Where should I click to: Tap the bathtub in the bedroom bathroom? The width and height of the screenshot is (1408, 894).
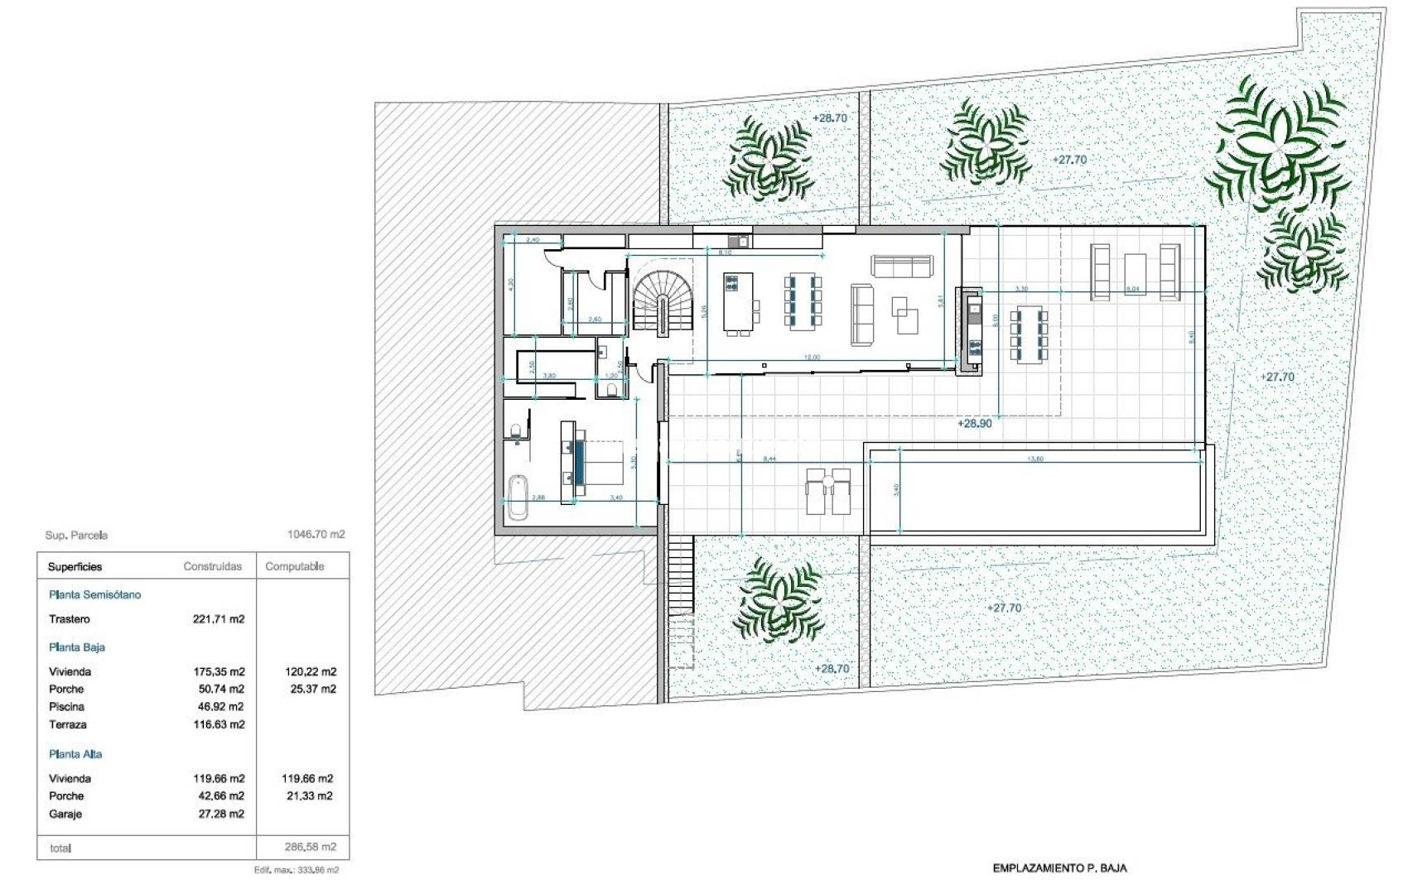[518, 497]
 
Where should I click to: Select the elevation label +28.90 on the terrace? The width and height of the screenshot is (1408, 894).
[974, 423]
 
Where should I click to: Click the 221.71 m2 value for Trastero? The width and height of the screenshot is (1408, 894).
[219, 619]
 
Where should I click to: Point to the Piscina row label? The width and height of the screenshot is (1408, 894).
[66, 707]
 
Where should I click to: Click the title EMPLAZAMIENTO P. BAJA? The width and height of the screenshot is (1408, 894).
[1059, 868]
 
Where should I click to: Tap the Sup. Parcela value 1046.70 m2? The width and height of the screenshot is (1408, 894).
[316, 535]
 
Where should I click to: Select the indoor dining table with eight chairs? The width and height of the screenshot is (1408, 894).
[802, 301]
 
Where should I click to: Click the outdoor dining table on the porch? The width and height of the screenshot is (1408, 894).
[1028, 334]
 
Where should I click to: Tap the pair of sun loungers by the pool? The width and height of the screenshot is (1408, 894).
[828, 492]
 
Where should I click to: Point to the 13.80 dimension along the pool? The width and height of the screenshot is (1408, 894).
[1034, 458]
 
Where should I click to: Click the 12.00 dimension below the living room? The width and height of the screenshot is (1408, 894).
[812, 358]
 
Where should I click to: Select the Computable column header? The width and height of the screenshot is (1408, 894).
[295, 566]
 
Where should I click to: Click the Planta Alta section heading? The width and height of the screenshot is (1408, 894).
[75, 754]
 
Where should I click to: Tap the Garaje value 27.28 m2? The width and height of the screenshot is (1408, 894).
[219, 814]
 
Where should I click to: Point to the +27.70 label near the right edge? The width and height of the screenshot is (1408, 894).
[1276, 377]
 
